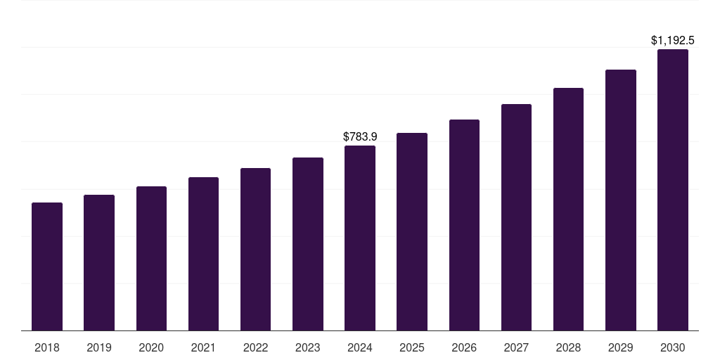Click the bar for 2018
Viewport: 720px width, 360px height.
tap(47, 266)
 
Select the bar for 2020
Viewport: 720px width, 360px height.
tap(151, 258)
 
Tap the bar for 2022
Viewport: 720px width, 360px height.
tap(255, 249)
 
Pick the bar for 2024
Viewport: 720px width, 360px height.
tap(360, 238)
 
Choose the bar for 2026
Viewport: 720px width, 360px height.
tap(464, 225)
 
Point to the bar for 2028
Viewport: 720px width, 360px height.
tap(568, 209)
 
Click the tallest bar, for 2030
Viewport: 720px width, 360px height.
tap(672, 190)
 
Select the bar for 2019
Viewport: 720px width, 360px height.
tap(99, 262)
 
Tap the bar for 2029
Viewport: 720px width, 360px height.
tap(620, 200)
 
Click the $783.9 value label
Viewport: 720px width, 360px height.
tap(360, 136)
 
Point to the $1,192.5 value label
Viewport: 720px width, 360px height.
tap(672, 41)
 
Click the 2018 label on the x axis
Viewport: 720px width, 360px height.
tap(47, 347)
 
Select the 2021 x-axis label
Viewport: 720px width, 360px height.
tap(203, 347)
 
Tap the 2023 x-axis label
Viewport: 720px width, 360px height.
tap(307, 347)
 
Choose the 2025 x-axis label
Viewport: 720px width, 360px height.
tap(412, 347)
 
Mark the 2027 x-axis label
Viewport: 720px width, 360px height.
tap(516, 347)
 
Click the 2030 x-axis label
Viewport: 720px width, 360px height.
tap(672, 347)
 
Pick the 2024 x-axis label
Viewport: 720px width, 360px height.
tap(360, 347)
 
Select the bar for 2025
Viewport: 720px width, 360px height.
tap(412, 231)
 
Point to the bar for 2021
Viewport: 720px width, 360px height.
tap(203, 254)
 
